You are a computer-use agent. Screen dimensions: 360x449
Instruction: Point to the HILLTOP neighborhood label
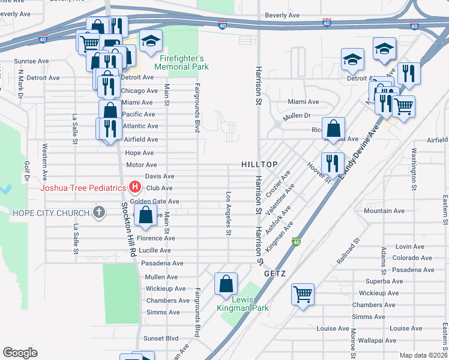259,164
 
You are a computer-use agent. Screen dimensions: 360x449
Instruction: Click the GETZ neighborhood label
274,273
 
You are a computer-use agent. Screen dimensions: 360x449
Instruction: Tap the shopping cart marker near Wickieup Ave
303,294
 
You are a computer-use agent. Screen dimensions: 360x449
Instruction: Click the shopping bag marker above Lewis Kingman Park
226,283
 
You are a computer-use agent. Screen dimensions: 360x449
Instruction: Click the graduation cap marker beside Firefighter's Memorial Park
151,41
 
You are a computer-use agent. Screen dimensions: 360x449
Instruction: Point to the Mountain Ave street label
384,211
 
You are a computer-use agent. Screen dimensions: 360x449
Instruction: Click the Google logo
20,352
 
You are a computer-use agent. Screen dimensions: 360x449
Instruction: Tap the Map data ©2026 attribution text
423,355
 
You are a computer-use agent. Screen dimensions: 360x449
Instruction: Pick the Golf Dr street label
26,171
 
